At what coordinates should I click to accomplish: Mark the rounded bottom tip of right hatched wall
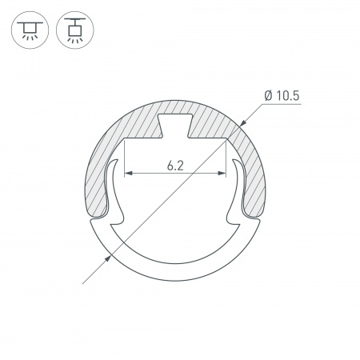[x=254, y=211]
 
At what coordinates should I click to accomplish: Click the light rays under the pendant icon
[x=76, y=39]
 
